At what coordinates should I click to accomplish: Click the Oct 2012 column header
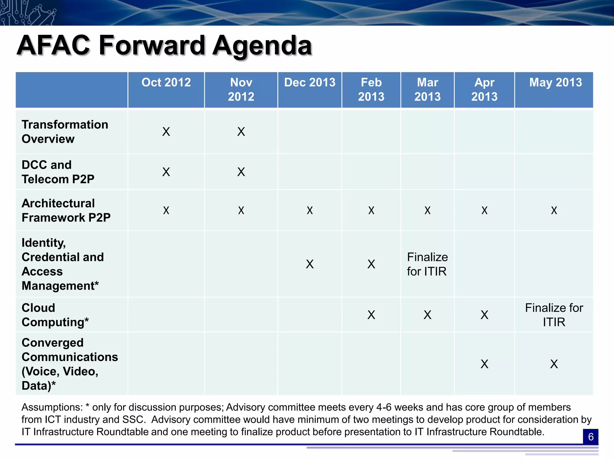pyautogui.click(x=166, y=83)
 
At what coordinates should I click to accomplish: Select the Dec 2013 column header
pyautogui.click(x=310, y=83)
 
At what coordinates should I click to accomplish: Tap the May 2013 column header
pyautogui.click(x=555, y=83)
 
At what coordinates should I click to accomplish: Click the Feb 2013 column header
pyautogui.click(x=371, y=89)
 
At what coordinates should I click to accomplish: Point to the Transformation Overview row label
pyautogui.click(x=65, y=132)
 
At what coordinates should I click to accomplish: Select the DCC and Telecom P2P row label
pyautogui.click(x=58, y=172)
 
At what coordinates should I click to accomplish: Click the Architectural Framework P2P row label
pyautogui.click(x=66, y=210)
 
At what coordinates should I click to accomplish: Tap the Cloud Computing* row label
pyautogui.click(x=55, y=315)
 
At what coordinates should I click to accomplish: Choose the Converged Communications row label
pyautogui.click(x=70, y=364)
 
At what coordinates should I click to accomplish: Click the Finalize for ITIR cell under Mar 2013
pyautogui.click(x=427, y=264)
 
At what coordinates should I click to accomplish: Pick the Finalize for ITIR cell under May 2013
pyautogui.click(x=554, y=315)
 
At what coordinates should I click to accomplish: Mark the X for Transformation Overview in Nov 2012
pyautogui.click(x=241, y=132)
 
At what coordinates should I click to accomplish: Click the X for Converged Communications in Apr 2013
pyautogui.click(x=484, y=364)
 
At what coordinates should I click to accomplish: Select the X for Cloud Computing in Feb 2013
pyautogui.click(x=371, y=315)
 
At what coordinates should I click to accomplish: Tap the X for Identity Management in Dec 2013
pyautogui.click(x=310, y=264)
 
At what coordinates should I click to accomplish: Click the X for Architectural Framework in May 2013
pyautogui.click(x=554, y=210)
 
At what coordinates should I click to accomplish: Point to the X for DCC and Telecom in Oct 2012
pyautogui.click(x=166, y=172)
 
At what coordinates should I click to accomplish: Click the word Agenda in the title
pyautogui.click(x=262, y=46)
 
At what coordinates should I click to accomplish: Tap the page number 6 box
pyautogui.click(x=591, y=437)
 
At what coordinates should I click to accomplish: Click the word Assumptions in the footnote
pyautogui.click(x=52, y=407)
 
